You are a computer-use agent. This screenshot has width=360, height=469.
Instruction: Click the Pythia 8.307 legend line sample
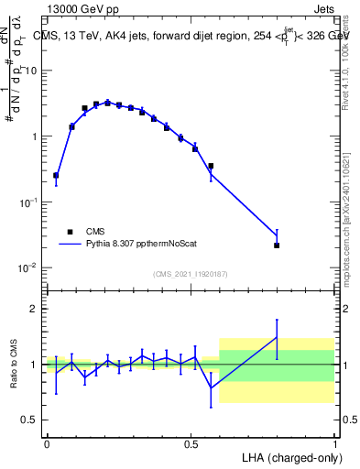(x=70, y=245)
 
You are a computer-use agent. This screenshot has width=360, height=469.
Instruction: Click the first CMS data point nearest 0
(x=56, y=175)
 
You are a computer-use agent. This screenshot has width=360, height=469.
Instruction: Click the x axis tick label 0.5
(x=191, y=443)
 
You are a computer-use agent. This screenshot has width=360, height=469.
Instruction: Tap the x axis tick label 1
(x=336, y=443)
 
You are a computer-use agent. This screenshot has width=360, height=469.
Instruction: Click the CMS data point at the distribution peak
(x=107, y=103)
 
